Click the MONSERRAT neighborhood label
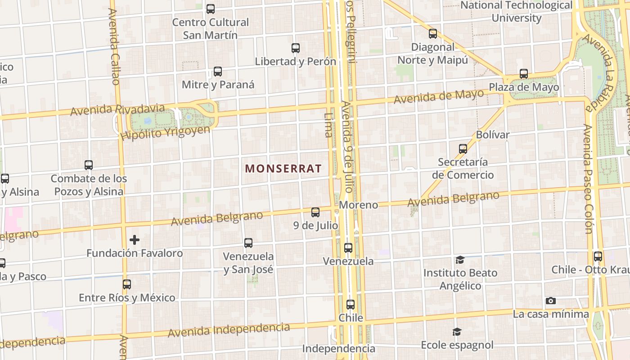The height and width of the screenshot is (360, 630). tap(283, 169)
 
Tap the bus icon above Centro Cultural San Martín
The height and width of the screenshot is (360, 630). tap(210, 9)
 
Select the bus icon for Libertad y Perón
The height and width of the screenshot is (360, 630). tap(296, 48)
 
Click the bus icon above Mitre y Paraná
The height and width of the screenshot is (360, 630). tap(218, 72)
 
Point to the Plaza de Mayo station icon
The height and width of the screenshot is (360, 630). tap(523, 74)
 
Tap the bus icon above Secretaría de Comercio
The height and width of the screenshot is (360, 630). tap(463, 148)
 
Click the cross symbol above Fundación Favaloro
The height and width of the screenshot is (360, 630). tap(134, 240)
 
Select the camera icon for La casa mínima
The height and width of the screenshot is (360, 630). tap(550, 301)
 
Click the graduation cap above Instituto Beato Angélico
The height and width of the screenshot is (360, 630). tap(460, 260)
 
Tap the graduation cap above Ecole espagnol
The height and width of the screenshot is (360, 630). tap(457, 332)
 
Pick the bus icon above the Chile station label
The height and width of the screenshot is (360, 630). tap(351, 305)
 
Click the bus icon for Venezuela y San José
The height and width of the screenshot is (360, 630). tap(248, 243)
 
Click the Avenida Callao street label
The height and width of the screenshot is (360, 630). tap(114, 46)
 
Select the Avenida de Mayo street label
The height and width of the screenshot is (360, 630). tap(439, 96)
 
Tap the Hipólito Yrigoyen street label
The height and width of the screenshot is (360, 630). tap(166, 132)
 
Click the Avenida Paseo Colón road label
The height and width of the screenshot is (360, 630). tap(588, 179)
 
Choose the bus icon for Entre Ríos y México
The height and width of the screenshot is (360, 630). tap(127, 284)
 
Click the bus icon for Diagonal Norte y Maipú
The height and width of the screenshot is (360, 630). tap(433, 34)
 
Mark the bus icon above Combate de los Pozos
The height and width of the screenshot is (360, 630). tap(89, 165)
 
